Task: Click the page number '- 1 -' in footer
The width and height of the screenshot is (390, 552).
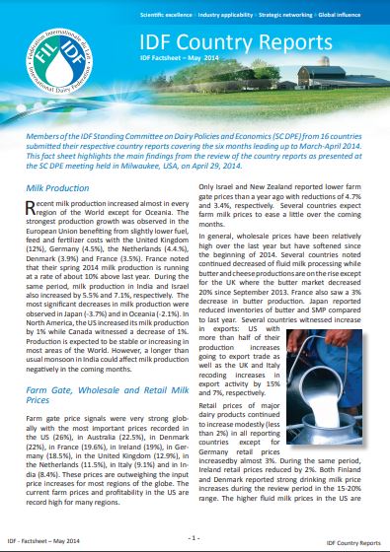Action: tap(195, 537)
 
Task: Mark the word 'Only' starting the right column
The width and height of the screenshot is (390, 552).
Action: tap(216, 186)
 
